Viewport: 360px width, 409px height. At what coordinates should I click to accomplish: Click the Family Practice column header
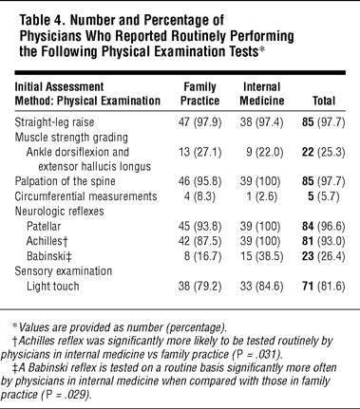pos(199,94)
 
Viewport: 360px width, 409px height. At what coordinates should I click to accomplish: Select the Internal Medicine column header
pos(262,94)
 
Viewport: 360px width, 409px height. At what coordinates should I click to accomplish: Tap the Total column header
pos(324,101)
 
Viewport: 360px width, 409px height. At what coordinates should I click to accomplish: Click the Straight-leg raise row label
pos(54,122)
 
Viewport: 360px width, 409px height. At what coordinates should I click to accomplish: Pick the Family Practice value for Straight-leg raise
pos(199,122)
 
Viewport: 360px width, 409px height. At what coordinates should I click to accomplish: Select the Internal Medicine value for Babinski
pos(261,256)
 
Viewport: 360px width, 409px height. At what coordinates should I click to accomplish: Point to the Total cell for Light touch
pos(323,287)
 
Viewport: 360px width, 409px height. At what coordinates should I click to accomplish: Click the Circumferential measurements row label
pos(85,196)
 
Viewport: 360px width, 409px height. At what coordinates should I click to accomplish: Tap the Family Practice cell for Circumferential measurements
pos(199,196)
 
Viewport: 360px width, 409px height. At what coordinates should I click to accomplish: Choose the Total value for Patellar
pos(323,226)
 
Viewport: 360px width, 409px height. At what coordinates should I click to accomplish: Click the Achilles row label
pos(47,241)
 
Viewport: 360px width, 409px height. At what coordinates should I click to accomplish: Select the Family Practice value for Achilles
pos(199,241)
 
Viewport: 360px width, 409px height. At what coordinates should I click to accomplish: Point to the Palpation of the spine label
pos(65,181)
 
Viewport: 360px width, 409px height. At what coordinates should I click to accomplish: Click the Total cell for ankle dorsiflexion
pos(323,152)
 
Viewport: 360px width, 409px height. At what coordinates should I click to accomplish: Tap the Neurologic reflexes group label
pos(59,212)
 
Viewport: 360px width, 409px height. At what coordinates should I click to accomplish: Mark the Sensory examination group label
pos(64,271)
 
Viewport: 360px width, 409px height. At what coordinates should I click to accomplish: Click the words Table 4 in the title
pos(43,21)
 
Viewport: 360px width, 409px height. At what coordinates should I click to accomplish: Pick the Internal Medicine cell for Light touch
pos(261,287)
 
